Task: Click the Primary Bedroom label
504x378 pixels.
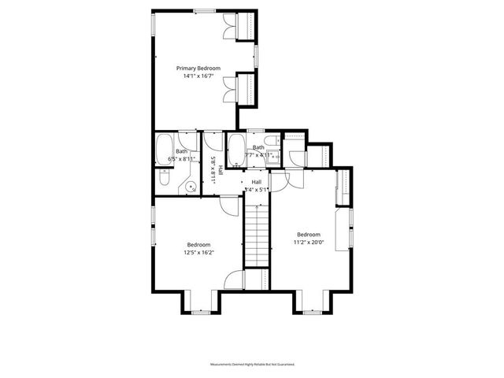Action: click(198, 69)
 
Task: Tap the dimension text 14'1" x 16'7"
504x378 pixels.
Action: click(198, 76)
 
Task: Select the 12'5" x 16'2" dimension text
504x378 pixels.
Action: click(200, 252)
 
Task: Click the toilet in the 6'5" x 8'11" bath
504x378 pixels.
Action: click(162, 179)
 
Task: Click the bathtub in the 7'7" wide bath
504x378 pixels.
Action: click(235, 146)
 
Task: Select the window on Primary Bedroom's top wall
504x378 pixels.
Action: click(206, 10)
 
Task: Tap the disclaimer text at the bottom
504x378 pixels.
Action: click(252, 365)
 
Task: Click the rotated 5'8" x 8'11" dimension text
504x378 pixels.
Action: click(213, 169)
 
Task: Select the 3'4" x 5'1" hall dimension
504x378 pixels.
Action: click(257, 190)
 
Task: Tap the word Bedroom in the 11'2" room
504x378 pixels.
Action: click(309, 234)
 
